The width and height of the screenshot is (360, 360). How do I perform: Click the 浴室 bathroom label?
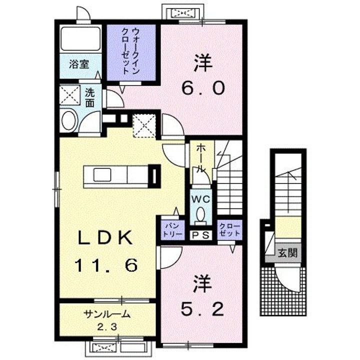79,64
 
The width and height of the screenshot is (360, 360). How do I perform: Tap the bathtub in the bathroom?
80,38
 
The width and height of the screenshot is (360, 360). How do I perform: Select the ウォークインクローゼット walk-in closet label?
130,51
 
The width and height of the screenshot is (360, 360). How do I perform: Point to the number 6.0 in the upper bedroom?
203,88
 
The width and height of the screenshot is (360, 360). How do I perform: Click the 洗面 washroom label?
90,98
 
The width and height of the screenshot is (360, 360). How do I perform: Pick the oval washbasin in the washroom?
70,120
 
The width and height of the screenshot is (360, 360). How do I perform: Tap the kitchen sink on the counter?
102,174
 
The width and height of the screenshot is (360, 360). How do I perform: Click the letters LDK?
105,237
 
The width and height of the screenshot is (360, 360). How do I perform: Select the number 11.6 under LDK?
106,265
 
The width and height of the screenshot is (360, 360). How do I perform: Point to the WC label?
200,199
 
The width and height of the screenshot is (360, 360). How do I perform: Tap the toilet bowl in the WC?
200,213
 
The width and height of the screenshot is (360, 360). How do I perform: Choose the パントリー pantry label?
172,230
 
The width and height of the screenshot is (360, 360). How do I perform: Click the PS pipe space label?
200,235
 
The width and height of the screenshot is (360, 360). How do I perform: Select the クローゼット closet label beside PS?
230,230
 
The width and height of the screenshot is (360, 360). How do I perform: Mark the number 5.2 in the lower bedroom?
202,309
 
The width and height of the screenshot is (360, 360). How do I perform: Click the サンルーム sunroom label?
107,313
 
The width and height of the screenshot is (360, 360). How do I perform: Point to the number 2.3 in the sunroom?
107,326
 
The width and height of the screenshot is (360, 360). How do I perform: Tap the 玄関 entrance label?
287,253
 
